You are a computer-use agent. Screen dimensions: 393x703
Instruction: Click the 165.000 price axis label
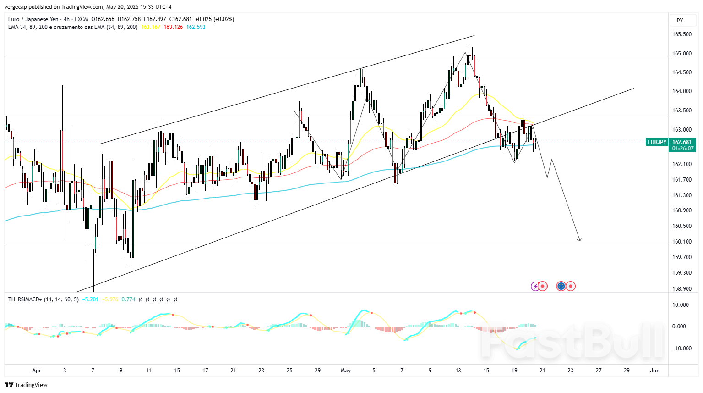681,54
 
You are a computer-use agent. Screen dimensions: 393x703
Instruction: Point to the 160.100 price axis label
681,242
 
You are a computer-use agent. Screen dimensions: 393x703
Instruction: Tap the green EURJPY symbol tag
657,142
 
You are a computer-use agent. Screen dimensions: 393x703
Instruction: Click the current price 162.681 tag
682,142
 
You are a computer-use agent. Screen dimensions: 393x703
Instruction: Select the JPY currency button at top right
679,20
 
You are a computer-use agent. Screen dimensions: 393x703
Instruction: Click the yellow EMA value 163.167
151,27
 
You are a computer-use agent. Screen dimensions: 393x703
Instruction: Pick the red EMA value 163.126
173,27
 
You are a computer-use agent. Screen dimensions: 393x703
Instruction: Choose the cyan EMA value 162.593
196,27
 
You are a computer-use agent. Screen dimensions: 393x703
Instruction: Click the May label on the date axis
346,371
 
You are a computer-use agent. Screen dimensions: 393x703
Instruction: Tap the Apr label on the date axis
37,371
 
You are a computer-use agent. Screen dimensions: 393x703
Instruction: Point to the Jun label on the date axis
655,371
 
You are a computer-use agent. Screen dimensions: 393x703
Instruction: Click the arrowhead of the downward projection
579,240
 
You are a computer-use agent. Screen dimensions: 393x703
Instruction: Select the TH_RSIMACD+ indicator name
25,299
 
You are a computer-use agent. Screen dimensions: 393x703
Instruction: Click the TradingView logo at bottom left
26,385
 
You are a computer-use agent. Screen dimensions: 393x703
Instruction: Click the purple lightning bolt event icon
534,286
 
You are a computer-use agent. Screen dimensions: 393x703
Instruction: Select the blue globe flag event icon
561,286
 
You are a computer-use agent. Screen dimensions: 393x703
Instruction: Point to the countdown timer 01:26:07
682,149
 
